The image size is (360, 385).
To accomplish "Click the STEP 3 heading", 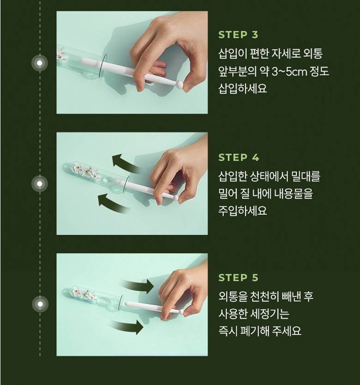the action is pos(238,35).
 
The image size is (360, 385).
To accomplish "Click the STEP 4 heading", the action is pos(239,157).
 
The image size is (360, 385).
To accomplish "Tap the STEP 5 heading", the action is pos(238,278).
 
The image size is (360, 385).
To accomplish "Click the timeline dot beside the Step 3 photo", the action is pos(40,63).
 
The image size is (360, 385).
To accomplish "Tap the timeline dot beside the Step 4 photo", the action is pos(40,184).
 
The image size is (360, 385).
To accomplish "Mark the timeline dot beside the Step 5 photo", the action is pos(40,304).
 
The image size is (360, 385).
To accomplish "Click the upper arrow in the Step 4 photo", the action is pos(125,163).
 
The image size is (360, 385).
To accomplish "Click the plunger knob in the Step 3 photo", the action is pos(180,85).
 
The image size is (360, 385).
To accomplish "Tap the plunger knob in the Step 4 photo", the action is pos(176,197).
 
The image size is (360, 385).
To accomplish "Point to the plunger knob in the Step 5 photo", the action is pos(181,312).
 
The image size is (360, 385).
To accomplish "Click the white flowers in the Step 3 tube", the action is pos(62,54).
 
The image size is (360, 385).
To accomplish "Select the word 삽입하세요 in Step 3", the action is pos(243,89).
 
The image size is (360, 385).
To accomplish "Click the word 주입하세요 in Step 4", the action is pos(243,211).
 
